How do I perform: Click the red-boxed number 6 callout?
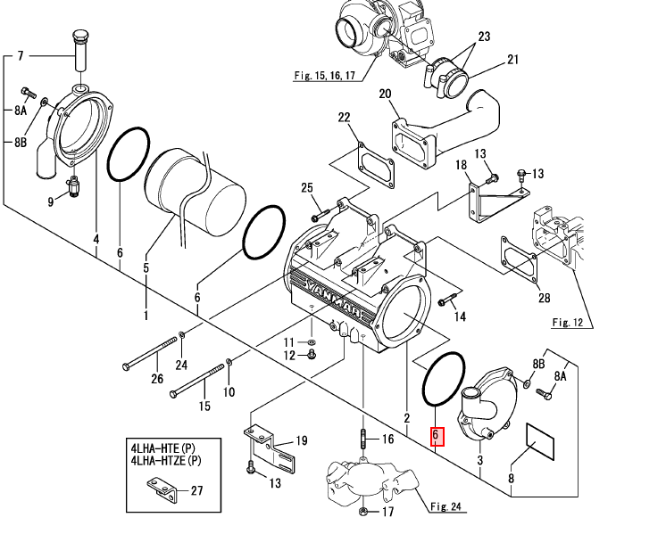pyautogui.click(x=437, y=437)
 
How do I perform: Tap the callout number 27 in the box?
pyautogui.click(x=196, y=490)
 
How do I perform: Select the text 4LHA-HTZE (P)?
pyautogui.click(x=166, y=460)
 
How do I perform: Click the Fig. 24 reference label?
pyautogui.click(x=445, y=506)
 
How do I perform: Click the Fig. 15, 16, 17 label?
pyautogui.click(x=325, y=76)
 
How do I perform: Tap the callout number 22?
pyautogui.click(x=344, y=117)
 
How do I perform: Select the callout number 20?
pyautogui.click(x=385, y=94)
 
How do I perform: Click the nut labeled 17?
pyautogui.click(x=364, y=511)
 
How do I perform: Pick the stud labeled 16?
pyautogui.click(x=363, y=438)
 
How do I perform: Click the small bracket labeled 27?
pyautogui.click(x=161, y=489)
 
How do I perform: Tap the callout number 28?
pyautogui.click(x=544, y=298)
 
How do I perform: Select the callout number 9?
pyautogui.click(x=51, y=201)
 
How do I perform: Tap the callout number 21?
pyautogui.click(x=513, y=60)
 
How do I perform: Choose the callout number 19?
pyautogui.click(x=301, y=441)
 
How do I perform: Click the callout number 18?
pyautogui.click(x=461, y=165)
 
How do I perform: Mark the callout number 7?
pyautogui.click(x=21, y=55)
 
